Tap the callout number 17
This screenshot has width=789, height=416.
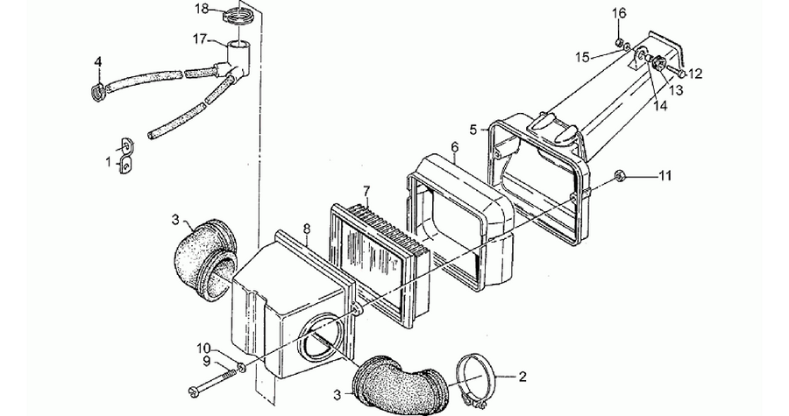coord(200,39)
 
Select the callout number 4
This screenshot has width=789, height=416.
coord(98,62)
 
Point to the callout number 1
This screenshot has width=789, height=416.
coord(108,162)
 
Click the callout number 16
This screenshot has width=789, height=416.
coord(620,13)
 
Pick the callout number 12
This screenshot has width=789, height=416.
coord(694,74)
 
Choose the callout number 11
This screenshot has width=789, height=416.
coord(665,176)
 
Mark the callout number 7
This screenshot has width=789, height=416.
coord(366,192)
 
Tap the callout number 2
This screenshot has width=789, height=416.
coord(522,377)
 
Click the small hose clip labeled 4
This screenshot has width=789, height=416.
coord(99,93)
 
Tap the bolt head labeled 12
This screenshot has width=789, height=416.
coord(679,74)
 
